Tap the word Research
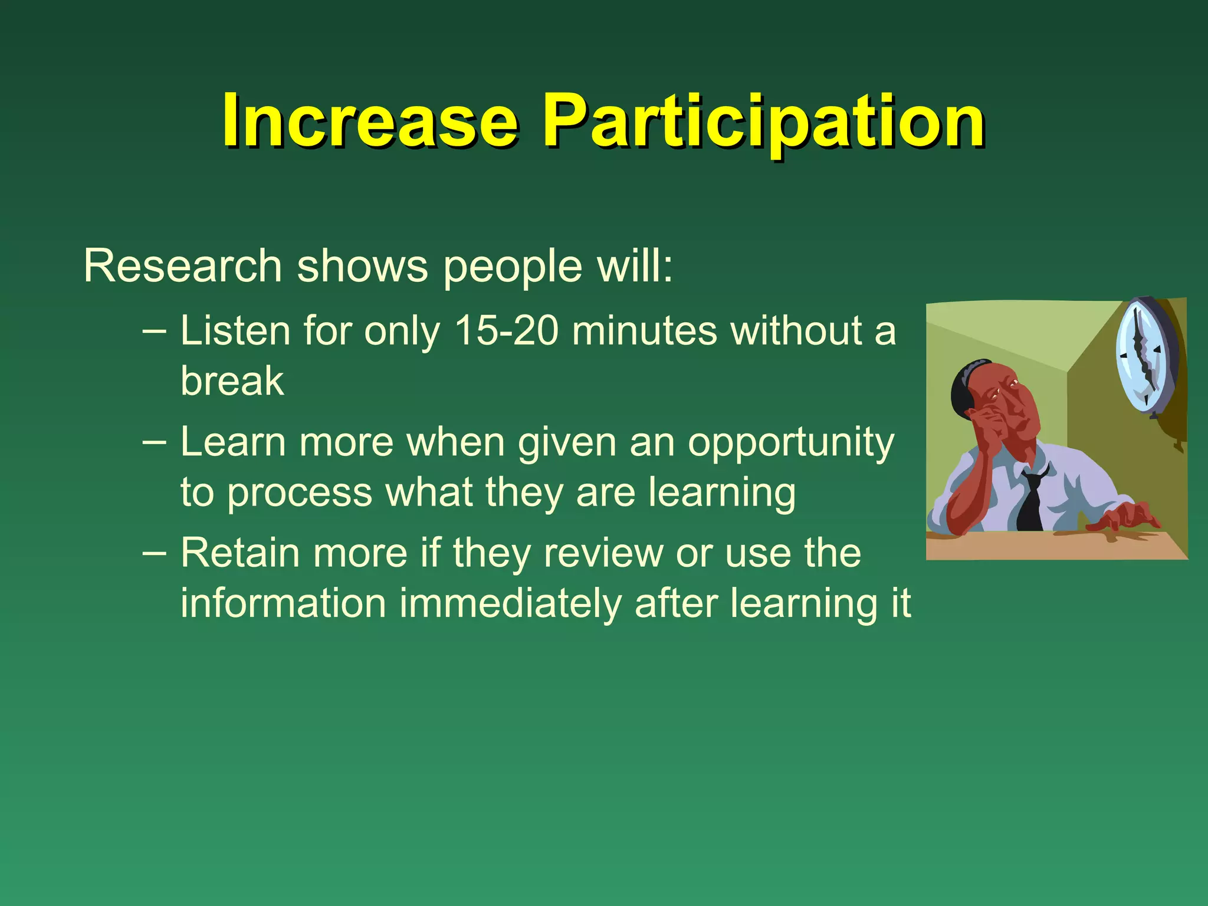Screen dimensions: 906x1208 click(x=182, y=267)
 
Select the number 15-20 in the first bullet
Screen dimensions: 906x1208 click(x=506, y=330)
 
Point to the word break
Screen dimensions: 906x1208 click(x=232, y=381)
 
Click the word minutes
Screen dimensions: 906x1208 click(x=644, y=330)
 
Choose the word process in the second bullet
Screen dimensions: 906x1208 click(x=300, y=493)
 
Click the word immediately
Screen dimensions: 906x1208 click(x=510, y=603)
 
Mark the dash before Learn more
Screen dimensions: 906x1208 click(x=154, y=441)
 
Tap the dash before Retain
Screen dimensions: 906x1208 click(x=154, y=553)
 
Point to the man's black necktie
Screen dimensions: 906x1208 click(x=1032, y=501)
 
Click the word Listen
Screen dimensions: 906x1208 click(x=235, y=330)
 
